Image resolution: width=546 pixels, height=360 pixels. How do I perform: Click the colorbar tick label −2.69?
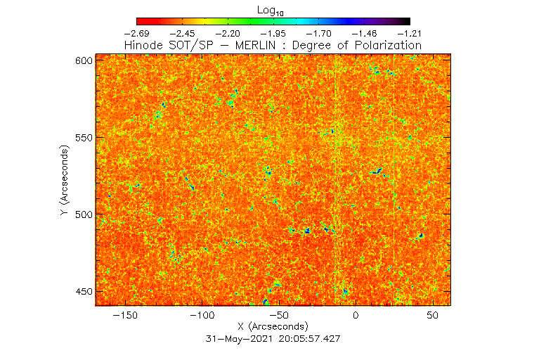tap(136, 33)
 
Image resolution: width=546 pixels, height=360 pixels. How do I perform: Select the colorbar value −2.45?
tap(182, 33)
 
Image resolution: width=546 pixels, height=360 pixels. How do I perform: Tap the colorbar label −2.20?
tap(228, 33)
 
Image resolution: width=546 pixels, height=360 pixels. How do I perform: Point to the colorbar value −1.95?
tap(273, 33)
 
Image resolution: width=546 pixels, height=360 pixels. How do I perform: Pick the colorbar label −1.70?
tap(319, 33)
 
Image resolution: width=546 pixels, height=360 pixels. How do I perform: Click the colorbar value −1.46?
tap(365, 33)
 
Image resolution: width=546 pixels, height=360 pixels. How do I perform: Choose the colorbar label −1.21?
tap(410, 33)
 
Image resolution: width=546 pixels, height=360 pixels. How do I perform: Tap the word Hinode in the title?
tap(145, 45)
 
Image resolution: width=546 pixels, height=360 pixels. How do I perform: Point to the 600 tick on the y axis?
tap(84, 60)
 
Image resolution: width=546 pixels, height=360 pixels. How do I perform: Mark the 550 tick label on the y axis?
tap(84, 137)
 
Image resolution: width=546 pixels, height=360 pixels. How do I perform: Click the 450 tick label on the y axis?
tap(84, 291)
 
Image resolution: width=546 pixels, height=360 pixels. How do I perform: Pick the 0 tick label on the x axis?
tap(356, 316)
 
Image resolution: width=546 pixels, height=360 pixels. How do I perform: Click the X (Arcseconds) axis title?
tap(273, 326)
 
